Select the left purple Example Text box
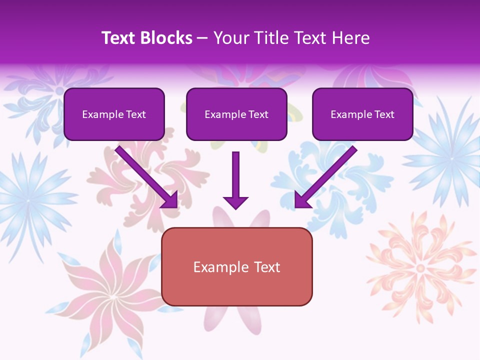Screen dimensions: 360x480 [114, 114]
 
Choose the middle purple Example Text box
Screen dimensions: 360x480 [236, 114]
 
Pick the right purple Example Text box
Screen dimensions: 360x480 [362, 114]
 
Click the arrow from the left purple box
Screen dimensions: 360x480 [145, 175]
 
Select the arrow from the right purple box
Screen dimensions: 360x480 [327, 175]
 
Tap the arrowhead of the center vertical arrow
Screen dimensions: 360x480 [235, 202]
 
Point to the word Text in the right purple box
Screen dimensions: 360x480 [384, 114]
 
